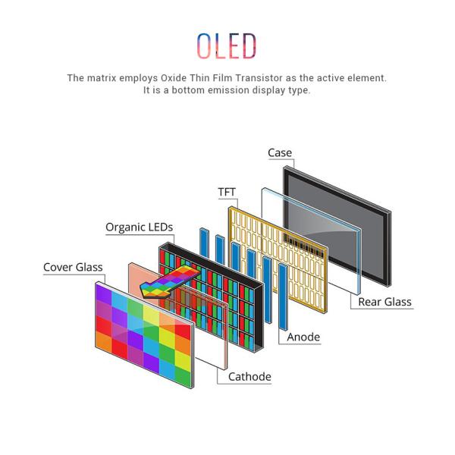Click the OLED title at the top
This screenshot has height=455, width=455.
pyautogui.click(x=227, y=46)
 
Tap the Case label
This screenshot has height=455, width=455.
pyautogui.click(x=279, y=152)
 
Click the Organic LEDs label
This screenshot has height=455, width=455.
pyautogui.click(x=139, y=227)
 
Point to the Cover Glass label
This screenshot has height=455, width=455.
pyautogui.click(x=73, y=267)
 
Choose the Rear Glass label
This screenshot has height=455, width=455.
pyautogui.click(x=384, y=302)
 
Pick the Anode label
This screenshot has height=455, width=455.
pyautogui.click(x=303, y=337)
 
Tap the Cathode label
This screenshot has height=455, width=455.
pyautogui.click(x=249, y=376)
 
